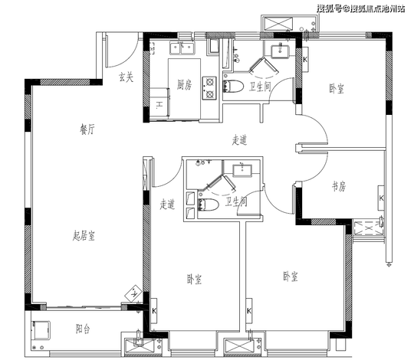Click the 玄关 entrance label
point(126,77)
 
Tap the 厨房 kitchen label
point(184,84)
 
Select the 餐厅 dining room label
point(87,129)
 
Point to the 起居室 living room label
point(84,235)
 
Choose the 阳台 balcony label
point(83,329)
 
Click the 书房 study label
point(339,186)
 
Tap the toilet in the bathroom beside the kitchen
point(233,87)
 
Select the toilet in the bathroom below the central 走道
point(208,205)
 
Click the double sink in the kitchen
point(182,48)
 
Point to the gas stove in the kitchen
point(209,88)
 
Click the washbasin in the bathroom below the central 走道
point(242,170)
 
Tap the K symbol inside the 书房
point(381,198)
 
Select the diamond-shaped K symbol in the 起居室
point(134,293)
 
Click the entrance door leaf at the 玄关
point(107,50)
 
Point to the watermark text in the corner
point(360,8)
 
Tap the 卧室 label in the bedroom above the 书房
point(337,88)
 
